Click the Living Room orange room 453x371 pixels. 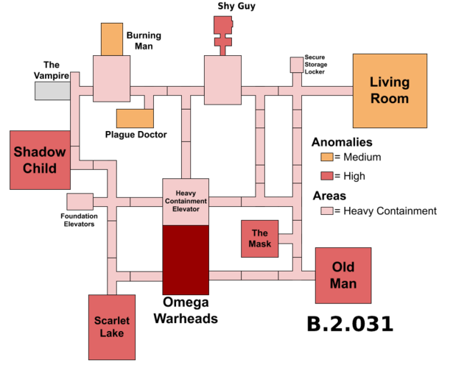pyautogui.click(x=390, y=91)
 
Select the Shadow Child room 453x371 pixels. pyautogui.click(x=41, y=160)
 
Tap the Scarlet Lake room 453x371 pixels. pyautogui.click(x=112, y=327)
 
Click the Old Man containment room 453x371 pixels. pyautogui.click(x=343, y=275)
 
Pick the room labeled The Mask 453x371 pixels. pyautogui.click(x=260, y=239)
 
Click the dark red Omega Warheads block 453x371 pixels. pyautogui.click(x=186, y=260)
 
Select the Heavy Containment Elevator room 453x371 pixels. pyautogui.click(x=186, y=202)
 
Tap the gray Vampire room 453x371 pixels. pyautogui.click(x=52, y=91)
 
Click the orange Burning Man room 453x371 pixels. pyautogui.click(x=112, y=39)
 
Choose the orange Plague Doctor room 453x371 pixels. pyautogui.click(x=135, y=119)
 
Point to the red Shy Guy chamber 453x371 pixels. pyautogui.click(x=223, y=35)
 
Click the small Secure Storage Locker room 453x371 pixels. pyautogui.click(x=297, y=65)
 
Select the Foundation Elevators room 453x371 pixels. pyautogui.click(x=80, y=202)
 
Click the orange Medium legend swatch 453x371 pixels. pyautogui.click(x=327, y=157)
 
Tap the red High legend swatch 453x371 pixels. pyautogui.click(x=327, y=176)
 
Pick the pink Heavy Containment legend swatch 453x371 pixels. pyautogui.click(x=327, y=211)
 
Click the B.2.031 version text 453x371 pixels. pyautogui.click(x=350, y=324)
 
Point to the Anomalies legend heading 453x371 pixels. pyautogui.click(x=342, y=142)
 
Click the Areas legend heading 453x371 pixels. pyautogui.click(x=329, y=196)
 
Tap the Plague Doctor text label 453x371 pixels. pyautogui.click(x=136, y=135)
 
